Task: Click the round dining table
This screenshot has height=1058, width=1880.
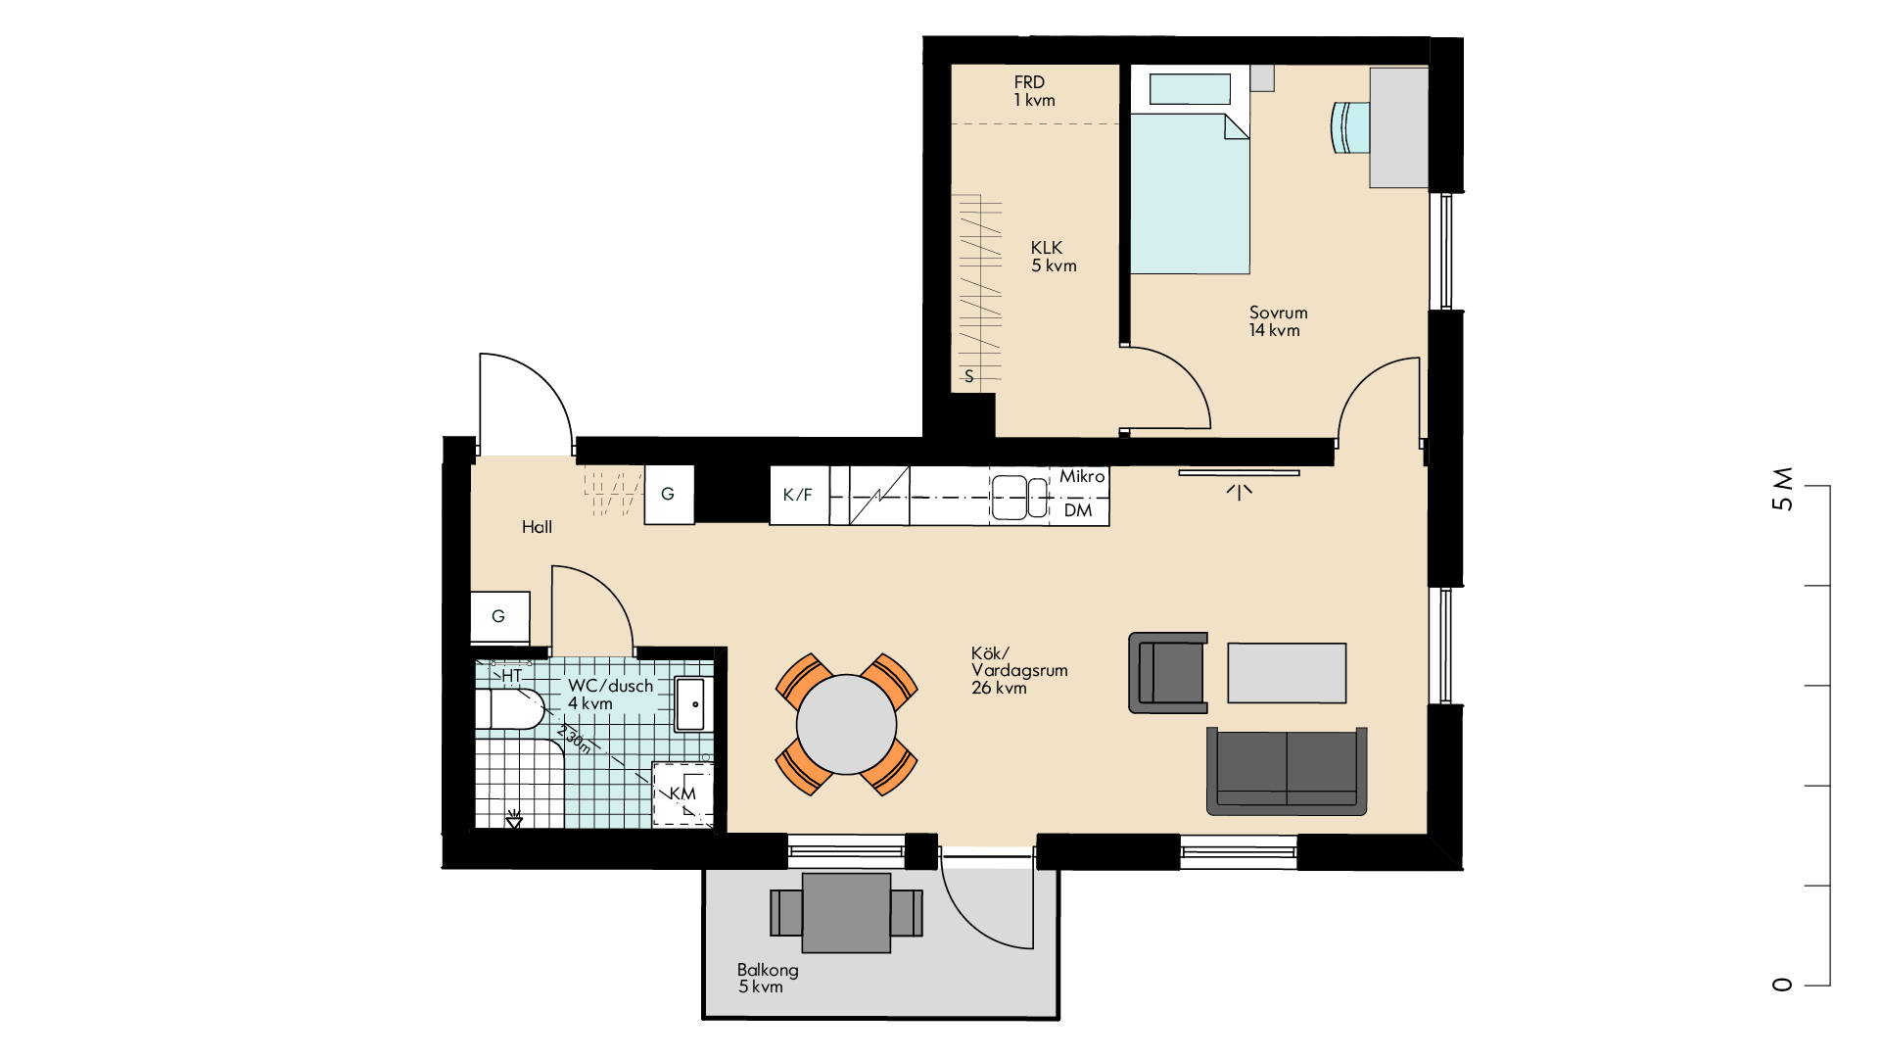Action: click(846, 725)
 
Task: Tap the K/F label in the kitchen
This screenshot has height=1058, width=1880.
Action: click(797, 495)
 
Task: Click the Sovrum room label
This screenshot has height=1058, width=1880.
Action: click(1278, 321)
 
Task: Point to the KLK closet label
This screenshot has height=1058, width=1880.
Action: click(1053, 257)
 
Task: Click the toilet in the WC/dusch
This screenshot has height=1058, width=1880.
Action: click(509, 708)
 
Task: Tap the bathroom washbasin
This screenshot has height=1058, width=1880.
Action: click(690, 703)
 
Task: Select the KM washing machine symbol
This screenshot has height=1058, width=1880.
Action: click(682, 793)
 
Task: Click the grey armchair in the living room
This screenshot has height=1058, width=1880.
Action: click(1168, 672)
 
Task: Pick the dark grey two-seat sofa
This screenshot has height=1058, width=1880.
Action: click(1287, 771)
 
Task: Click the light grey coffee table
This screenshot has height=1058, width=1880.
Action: click(1287, 673)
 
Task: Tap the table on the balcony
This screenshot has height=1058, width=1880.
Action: click(846, 913)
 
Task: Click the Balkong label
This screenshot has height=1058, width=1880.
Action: click(768, 978)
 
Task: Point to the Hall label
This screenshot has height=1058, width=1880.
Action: click(537, 527)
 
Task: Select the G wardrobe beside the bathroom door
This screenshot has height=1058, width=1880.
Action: click(500, 617)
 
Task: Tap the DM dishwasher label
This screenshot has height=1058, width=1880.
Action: click(1078, 510)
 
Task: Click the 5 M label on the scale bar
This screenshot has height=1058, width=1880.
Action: click(1782, 489)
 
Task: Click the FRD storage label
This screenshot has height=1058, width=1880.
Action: click(1034, 91)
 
